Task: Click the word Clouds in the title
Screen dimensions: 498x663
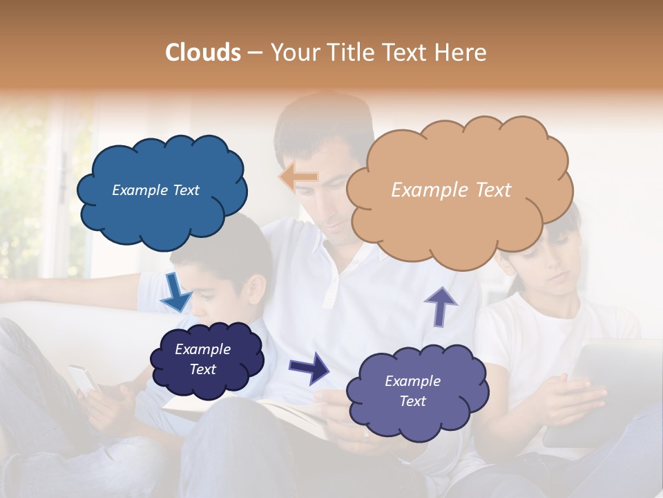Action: tap(202, 53)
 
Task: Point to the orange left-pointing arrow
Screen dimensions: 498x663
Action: tap(299, 176)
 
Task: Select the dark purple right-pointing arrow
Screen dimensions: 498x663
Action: tap(309, 367)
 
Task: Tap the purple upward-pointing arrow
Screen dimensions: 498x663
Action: tap(441, 306)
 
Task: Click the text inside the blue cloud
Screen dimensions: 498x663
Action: tap(155, 190)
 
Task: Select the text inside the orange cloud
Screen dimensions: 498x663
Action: tap(451, 190)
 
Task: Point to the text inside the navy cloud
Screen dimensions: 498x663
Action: tap(202, 359)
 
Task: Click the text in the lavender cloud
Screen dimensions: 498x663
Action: tap(412, 391)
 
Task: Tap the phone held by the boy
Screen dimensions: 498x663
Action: tap(85, 380)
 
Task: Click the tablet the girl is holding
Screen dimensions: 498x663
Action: tap(601, 387)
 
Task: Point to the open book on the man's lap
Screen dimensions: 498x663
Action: tap(290, 415)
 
